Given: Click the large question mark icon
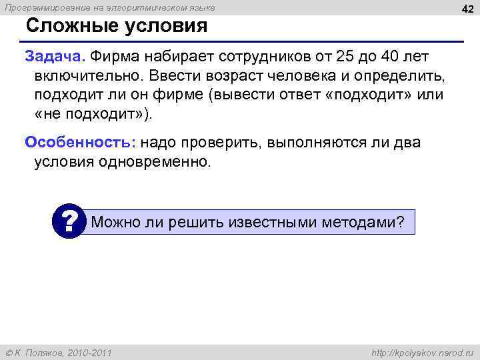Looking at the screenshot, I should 69,219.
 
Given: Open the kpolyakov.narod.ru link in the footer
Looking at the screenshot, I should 421,351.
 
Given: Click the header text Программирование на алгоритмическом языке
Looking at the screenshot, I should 111,7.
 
